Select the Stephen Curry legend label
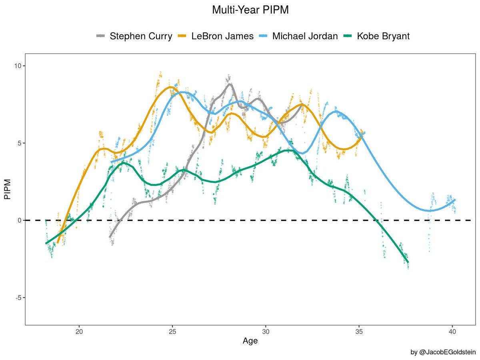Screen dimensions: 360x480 141,36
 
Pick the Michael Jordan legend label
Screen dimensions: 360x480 305,36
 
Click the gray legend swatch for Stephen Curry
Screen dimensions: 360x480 101,36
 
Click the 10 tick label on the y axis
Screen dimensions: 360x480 18,66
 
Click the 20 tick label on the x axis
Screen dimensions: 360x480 79,331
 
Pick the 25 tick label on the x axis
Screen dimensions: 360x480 172,331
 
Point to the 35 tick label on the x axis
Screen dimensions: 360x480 359,331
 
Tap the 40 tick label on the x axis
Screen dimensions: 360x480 452,331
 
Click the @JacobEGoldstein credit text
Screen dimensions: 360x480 443,352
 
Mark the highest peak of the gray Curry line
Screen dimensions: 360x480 229,84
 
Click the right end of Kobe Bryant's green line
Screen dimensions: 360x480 408,262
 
